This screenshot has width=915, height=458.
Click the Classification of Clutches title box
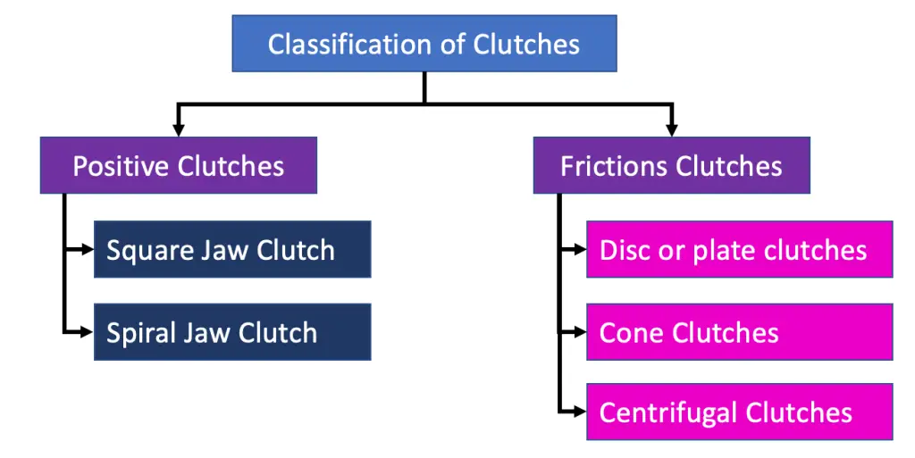point(424,44)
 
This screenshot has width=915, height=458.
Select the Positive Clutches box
point(179,165)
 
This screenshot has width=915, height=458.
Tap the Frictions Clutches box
point(671,165)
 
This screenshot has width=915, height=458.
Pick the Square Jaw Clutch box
point(232,250)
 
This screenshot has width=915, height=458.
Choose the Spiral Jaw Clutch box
point(232,332)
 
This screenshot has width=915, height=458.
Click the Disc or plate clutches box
point(739,250)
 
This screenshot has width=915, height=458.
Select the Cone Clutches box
point(739,332)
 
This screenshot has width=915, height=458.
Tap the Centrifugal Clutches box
point(739,412)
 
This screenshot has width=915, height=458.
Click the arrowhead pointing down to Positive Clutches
point(179,130)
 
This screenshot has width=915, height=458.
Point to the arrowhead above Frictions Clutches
point(671,130)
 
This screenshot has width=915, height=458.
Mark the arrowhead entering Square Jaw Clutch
point(88,250)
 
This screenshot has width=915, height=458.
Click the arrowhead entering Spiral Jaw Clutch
point(88,332)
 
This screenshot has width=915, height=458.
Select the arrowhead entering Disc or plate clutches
point(580,250)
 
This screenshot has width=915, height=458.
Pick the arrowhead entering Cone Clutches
point(580,332)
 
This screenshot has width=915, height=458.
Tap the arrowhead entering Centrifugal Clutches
point(580,412)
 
